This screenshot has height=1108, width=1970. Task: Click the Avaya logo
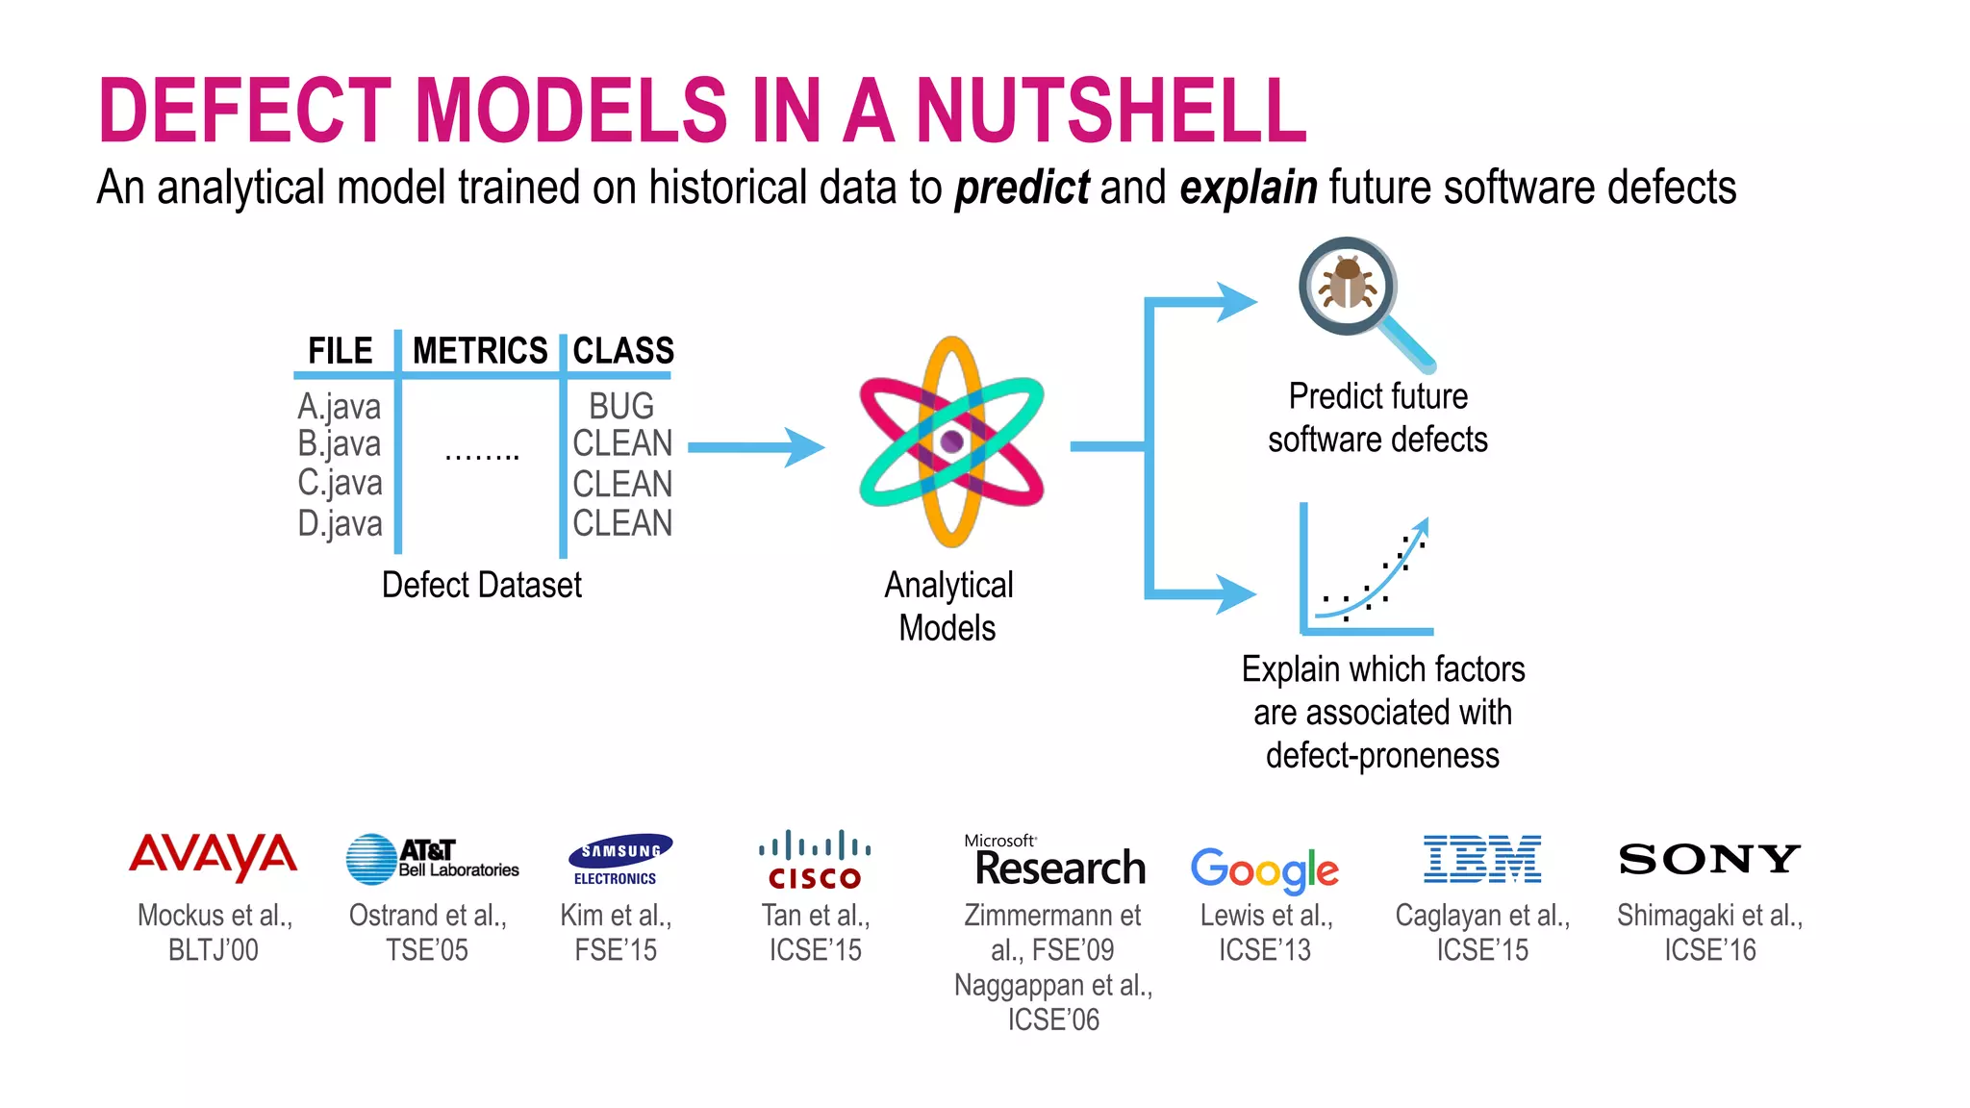(x=214, y=856)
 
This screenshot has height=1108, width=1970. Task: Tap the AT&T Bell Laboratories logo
(x=432, y=859)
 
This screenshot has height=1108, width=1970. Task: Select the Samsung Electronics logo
(x=619, y=859)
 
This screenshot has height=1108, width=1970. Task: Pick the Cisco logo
(x=815, y=859)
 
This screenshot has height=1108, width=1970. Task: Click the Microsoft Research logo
(x=1055, y=861)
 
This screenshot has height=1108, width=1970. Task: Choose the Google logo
(x=1264, y=869)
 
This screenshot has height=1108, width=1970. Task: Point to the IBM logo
(x=1482, y=859)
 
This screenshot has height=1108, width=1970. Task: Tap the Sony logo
(x=1709, y=859)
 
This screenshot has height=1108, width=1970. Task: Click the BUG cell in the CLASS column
(x=621, y=406)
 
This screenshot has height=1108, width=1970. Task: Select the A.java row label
(x=340, y=407)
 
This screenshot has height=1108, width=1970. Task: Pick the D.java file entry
(x=340, y=524)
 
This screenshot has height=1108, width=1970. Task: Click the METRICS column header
(x=480, y=351)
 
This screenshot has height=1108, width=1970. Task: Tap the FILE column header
(x=341, y=351)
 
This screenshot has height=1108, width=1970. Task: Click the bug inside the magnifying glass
(x=1347, y=284)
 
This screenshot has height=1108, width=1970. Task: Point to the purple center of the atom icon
(x=952, y=441)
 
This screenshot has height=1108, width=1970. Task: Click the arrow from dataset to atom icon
(x=756, y=447)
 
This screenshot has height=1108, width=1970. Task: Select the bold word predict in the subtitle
(x=1022, y=188)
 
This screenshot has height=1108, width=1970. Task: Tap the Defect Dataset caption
(x=481, y=585)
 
